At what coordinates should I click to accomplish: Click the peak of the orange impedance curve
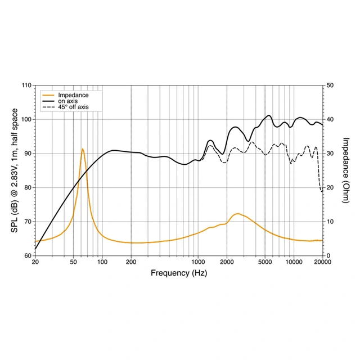click(x=83, y=149)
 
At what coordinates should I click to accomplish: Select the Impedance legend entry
click(x=73, y=95)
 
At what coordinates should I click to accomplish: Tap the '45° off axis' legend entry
click(x=73, y=107)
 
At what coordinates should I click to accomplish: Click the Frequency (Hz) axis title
click(x=179, y=273)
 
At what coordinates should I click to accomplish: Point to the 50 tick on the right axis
click(x=330, y=85)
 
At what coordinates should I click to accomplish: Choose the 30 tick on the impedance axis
click(x=330, y=154)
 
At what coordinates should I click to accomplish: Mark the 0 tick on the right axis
click(x=328, y=255)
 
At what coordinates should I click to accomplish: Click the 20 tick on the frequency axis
click(x=35, y=263)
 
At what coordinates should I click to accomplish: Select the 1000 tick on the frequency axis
click(x=198, y=263)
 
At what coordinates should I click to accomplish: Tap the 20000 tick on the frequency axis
click(x=322, y=263)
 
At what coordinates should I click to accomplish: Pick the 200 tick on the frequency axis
click(x=131, y=263)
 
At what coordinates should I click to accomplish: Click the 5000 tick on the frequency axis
click(x=265, y=263)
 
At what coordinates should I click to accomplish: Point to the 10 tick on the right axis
click(x=330, y=222)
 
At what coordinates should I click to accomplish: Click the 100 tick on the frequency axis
click(x=102, y=263)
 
